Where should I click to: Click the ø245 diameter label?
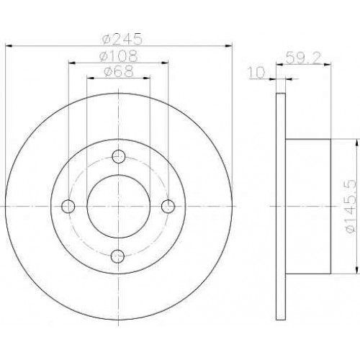point(122,38)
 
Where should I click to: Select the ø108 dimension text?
point(119,56)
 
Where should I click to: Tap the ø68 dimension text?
point(118,71)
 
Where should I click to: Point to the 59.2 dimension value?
point(303,58)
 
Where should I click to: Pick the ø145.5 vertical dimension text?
point(349,206)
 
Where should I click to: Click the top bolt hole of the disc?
point(119,156)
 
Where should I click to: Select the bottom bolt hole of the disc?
point(118,256)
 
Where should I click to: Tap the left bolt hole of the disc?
point(68,206)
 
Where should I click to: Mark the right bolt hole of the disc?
point(168,206)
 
